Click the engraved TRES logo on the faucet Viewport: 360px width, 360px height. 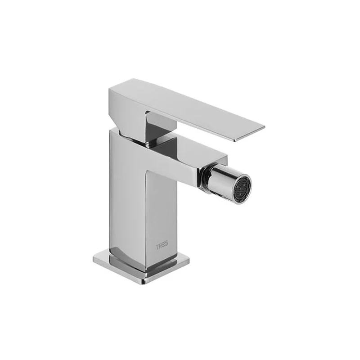(162, 247)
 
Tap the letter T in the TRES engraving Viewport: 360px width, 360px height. (157, 247)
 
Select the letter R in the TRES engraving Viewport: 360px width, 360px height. (160, 247)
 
